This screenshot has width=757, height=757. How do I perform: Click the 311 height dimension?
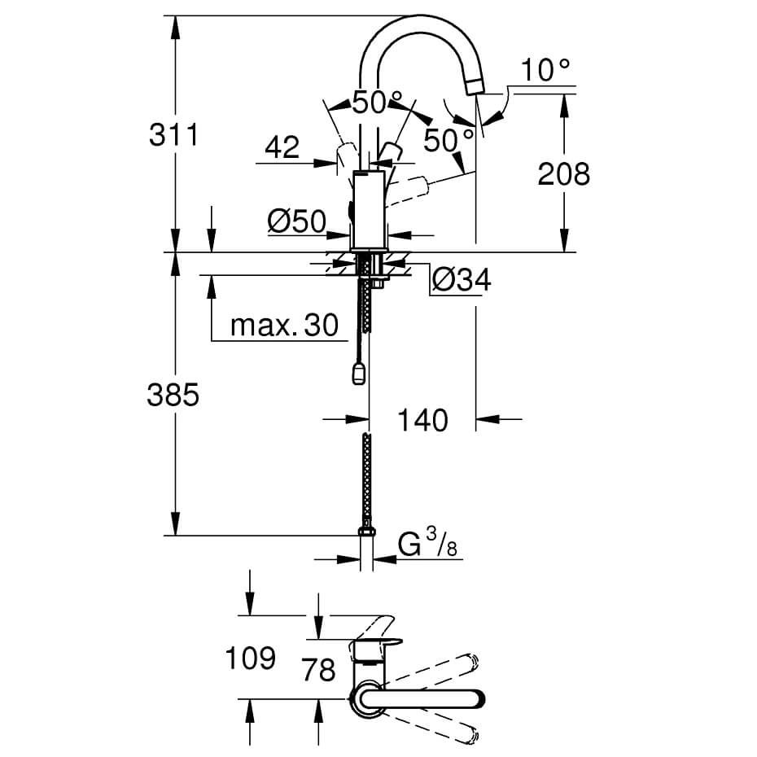pos(173,134)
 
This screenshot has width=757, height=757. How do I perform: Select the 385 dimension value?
pos(173,395)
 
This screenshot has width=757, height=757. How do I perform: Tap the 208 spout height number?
pos(563,174)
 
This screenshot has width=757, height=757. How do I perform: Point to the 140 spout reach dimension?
pos(422,420)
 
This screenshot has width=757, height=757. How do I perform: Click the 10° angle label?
pos(545,70)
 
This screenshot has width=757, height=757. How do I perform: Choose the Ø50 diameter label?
pos(297,221)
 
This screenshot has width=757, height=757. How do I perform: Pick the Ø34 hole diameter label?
pos(462,279)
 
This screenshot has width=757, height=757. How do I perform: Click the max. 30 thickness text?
pos(284,326)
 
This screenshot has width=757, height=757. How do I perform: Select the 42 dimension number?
pos(282,147)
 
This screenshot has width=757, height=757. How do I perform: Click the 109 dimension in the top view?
pos(251,658)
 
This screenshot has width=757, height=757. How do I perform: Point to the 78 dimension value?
pos(318,669)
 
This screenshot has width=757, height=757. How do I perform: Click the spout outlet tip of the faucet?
pos(475,87)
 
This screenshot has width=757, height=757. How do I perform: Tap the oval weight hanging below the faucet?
pos(359,373)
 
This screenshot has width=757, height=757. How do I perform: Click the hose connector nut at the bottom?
pos(367,532)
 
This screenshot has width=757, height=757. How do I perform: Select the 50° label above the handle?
pos(377,103)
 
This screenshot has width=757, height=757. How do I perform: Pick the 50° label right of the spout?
pos(449,141)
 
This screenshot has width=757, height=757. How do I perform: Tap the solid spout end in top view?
pos(421,699)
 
